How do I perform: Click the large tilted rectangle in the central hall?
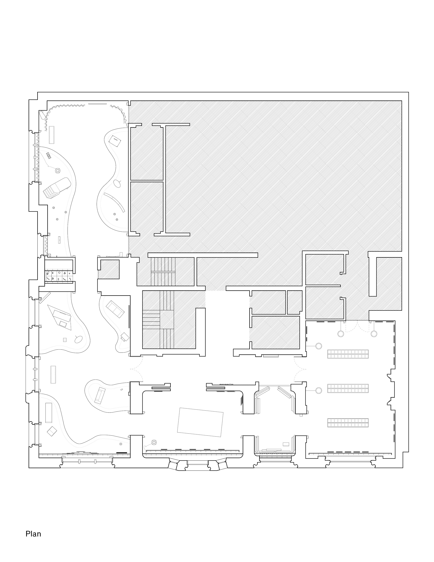point(200,422)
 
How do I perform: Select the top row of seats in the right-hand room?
point(348,354)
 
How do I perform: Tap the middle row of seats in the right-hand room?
point(348,388)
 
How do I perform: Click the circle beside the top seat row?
point(319,346)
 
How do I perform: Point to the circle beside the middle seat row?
point(319,390)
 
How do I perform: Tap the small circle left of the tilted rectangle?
point(154,442)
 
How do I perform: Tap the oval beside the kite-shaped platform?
point(78,340)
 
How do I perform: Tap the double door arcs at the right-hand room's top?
point(358,326)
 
